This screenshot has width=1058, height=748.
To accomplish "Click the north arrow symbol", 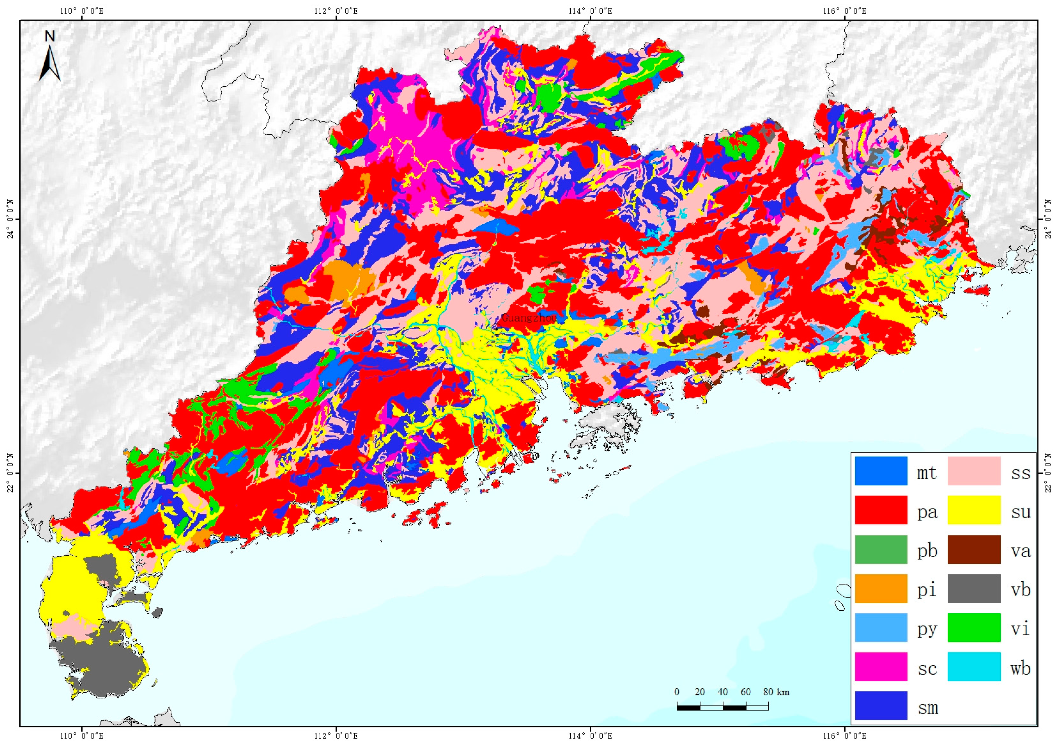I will click(x=50, y=58).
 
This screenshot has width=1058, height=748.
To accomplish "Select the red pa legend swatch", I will click(x=881, y=510).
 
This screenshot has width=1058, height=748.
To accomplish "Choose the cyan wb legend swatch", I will click(x=974, y=666).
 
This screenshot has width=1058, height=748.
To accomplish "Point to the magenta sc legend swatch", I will click(x=881, y=666).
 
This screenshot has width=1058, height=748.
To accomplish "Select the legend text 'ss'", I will click(x=1020, y=473).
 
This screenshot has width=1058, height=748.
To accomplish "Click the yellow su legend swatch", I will click(x=974, y=510).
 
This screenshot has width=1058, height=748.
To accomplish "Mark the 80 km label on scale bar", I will click(x=776, y=692).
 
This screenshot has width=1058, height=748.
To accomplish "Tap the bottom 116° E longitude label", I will click(x=844, y=736).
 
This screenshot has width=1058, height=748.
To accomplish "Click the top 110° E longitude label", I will click(x=82, y=10).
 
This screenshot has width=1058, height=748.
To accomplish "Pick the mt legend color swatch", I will click(x=881, y=471).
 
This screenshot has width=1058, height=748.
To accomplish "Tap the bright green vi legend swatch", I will click(x=974, y=627).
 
